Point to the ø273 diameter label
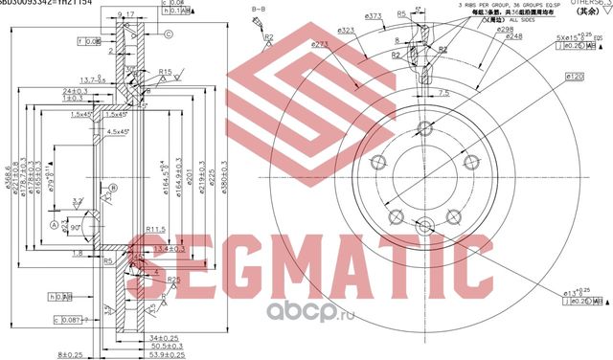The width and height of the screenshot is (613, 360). (x=320, y=44)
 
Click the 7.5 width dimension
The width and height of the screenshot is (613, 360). (x=443, y=93)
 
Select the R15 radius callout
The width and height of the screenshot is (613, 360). (x=166, y=72)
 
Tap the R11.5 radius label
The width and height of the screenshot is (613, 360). (x=157, y=229)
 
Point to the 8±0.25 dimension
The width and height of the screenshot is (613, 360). (x=70, y=353)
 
